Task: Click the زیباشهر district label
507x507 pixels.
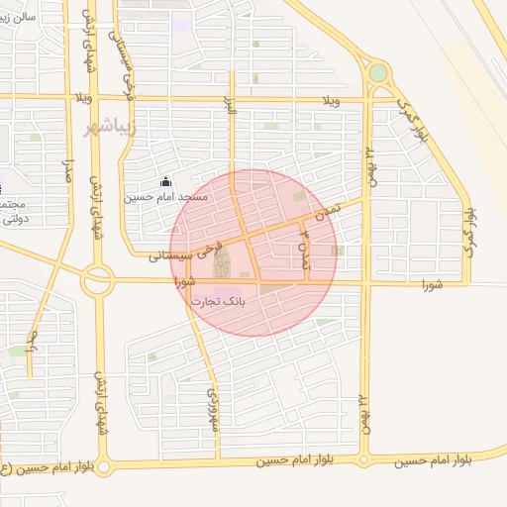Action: point(110,128)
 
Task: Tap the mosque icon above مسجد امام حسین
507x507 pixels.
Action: point(165,181)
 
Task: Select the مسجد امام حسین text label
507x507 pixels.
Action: point(165,197)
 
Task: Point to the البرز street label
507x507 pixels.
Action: point(232,112)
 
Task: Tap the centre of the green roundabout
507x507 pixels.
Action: point(377,72)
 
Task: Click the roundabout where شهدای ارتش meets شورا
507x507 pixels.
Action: point(97,280)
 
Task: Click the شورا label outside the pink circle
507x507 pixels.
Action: point(430,285)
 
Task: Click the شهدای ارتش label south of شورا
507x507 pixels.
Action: point(99,406)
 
